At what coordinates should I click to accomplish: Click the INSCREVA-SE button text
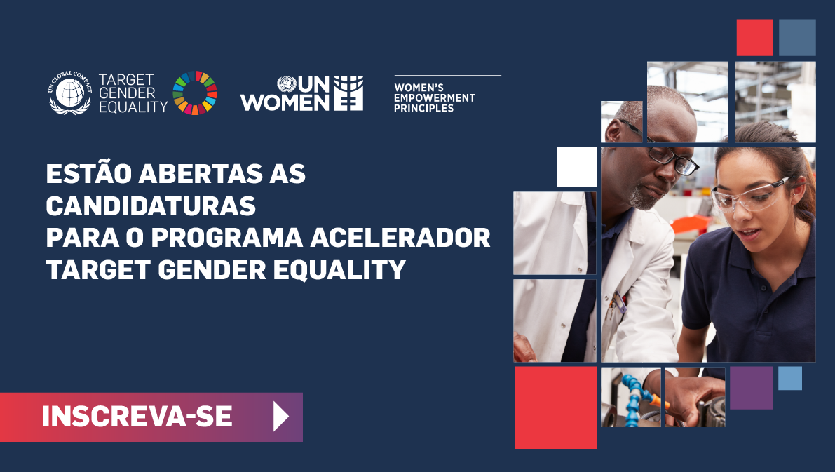pos(137,417)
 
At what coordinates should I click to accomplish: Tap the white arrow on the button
pos(280,417)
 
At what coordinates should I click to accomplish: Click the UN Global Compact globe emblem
pos(70,93)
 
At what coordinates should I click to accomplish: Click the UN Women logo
pos(302,93)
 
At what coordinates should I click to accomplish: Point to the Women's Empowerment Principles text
pos(434,98)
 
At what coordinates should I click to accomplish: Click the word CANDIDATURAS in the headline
pos(151,206)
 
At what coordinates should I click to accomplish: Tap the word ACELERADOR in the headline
pos(400,238)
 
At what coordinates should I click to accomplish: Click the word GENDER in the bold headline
pos(212,269)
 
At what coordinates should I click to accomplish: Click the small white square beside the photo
pos(577,167)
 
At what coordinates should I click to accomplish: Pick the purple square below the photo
pos(751,388)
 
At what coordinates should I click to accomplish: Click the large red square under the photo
pos(555,407)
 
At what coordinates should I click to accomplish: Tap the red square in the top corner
pos(754,37)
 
